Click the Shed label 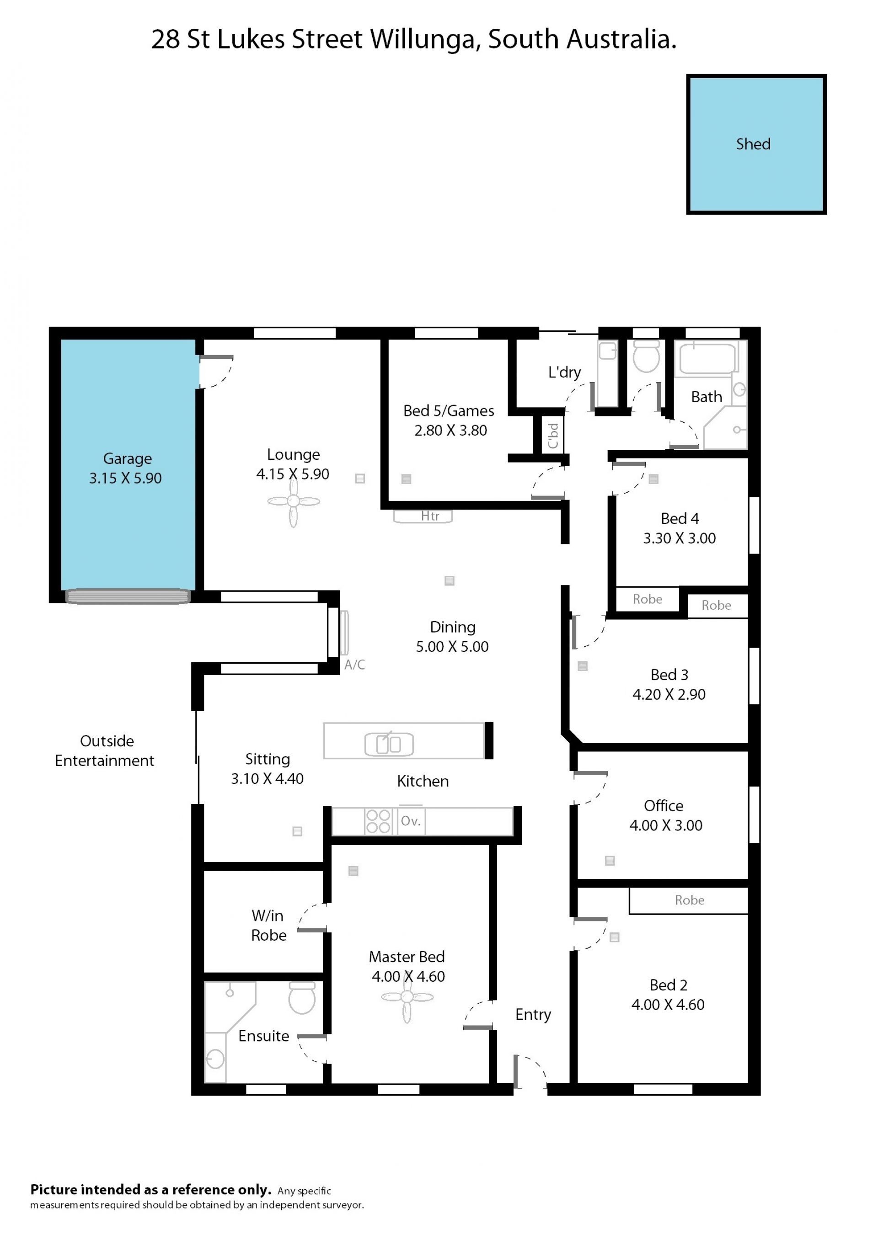click(753, 144)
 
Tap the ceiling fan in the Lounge click(294, 501)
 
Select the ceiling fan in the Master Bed click(407, 997)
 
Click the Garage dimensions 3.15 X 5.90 click(125, 478)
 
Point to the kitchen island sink click(389, 744)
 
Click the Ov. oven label click(410, 821)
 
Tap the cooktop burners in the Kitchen click(378, 821)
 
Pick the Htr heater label click(430, 516)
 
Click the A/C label click(355, 665)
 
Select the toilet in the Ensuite click(302, 998)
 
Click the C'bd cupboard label click(552, 436)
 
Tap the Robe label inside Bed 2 click(689, 900)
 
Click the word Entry click(533, 1015)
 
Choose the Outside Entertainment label click(105, 751)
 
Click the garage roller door click(128, 596)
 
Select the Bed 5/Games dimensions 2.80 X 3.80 click(450, 431)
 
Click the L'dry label click(564, 372)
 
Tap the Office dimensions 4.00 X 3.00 click(665, 825)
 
